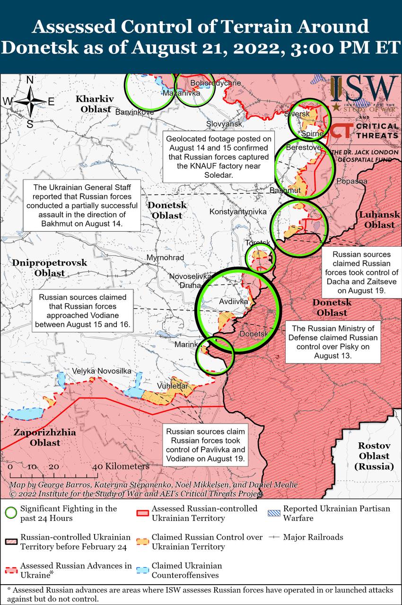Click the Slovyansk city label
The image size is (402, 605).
[224, 124]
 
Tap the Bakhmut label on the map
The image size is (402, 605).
[285, 190]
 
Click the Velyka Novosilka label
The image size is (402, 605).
[102, 371]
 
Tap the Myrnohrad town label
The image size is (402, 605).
[166, 258]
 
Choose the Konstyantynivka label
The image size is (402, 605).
[238, 211]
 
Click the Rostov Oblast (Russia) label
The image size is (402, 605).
[374, 456]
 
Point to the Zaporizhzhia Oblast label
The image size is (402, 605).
[37, 438]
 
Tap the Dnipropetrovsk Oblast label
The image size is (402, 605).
[43, 268]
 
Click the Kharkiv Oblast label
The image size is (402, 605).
[95, 104]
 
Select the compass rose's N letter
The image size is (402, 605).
[30, 80]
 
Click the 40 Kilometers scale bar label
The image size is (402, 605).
[121, 466]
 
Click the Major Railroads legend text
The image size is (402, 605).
[313, 537]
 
